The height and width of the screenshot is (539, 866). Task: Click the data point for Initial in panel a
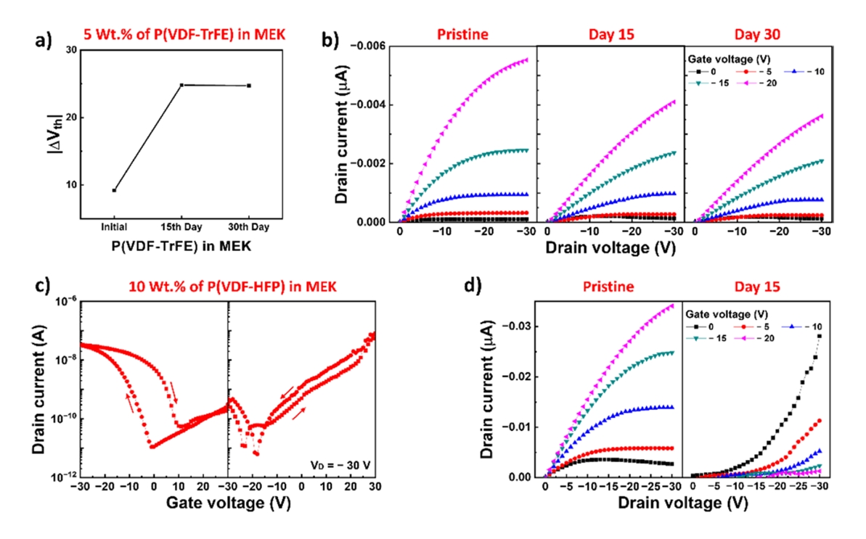114,190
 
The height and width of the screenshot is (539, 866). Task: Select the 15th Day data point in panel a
181,85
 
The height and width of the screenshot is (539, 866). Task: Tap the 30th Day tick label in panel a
249,228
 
